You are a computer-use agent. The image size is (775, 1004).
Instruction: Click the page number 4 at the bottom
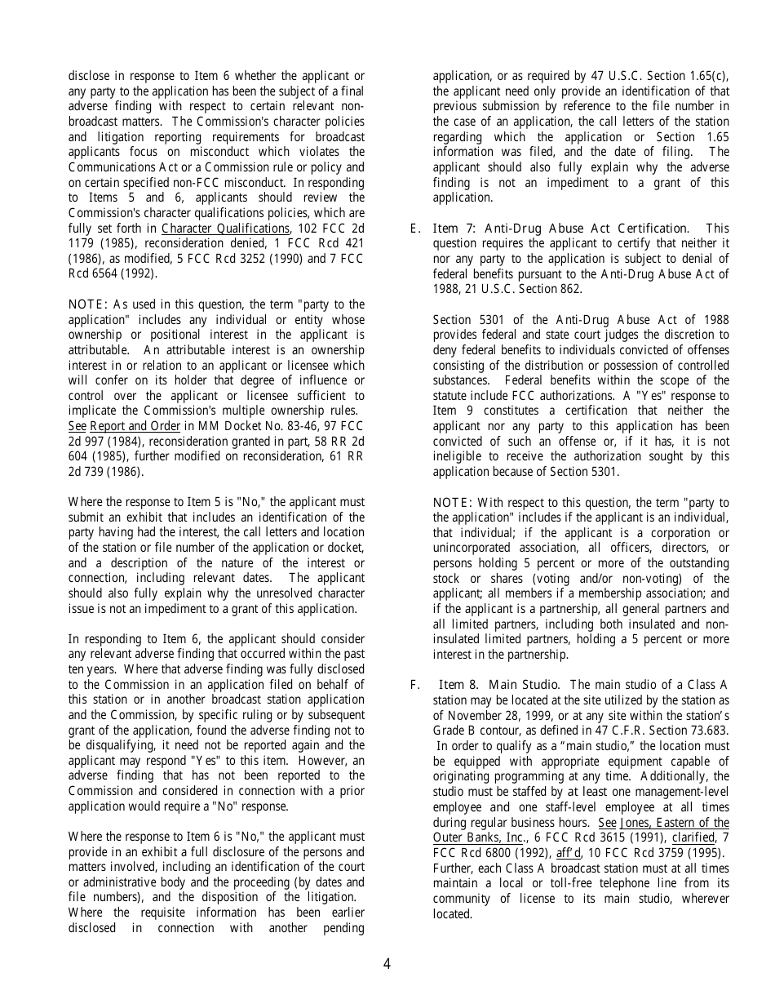[x=387, y=964]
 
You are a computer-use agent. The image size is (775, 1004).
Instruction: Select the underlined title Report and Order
[x=135, y=426]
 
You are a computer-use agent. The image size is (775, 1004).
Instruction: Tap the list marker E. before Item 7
[x=415, y=229]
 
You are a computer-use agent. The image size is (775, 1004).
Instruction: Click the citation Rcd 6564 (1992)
[x=113, y=273]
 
